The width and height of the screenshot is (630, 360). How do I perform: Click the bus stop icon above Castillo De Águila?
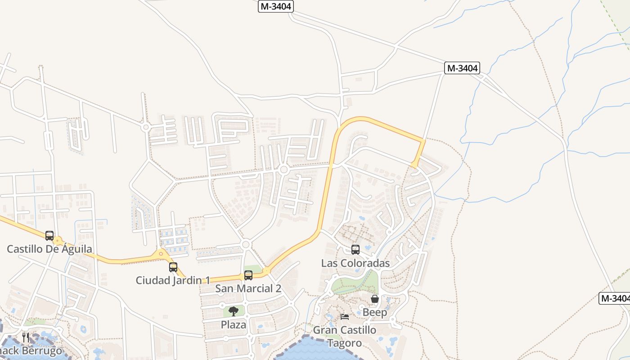pyautogui.click(x=49, y=235)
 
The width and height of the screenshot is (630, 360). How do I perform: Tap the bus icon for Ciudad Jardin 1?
pyautogui.click(x=173, y=267)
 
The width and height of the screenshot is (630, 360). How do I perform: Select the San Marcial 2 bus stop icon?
pyautogui.click(x=248, y=275)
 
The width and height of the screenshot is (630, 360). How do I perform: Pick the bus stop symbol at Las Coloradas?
pyautogui.click(x=355, y=250)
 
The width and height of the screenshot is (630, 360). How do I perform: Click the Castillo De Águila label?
pyautogui.click(x=49, y=249)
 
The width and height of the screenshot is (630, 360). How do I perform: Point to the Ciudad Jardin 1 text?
pyautogui.click(x=173, y=280)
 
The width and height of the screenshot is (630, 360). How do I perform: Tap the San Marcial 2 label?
pyautogui.click(x=248, y=288)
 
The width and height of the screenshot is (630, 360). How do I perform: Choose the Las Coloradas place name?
pyautogui.click(x=355, y=263)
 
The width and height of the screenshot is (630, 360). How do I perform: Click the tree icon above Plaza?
pyautogui.click(x=234, y=311)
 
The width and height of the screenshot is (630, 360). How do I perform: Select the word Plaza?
pyautogui.click(x=234, y=324)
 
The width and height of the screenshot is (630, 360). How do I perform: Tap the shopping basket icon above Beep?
pyautogui.click(x=374, y=299)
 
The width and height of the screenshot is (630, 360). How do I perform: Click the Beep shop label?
pyautogui.click(x=374, y=312)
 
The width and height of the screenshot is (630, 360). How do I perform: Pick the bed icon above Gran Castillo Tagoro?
pyautogui.click(x=345, y=317)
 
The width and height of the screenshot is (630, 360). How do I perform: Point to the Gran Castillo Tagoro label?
pyautogui.click(x=345, y=337)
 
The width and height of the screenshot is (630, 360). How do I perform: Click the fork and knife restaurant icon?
pyautogui.click(x=26, y=337)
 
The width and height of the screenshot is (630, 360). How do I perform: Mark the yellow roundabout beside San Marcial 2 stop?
pyautogui.click(x=266, y=271)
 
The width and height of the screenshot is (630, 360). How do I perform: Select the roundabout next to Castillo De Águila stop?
pyautogui.click(x=58, y=241)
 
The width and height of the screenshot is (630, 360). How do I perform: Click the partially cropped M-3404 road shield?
pyautogui.click(x=615, y=298)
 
